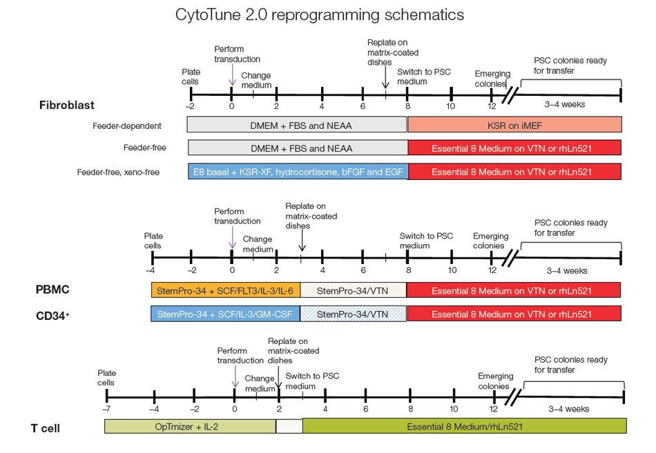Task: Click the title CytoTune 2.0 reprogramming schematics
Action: click(310, 14)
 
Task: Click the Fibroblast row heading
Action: click(66, 105)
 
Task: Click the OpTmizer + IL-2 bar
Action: click(189, 426)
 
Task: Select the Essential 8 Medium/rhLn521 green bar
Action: click(464, 426)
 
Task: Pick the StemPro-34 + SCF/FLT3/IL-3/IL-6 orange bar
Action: click(225, 290)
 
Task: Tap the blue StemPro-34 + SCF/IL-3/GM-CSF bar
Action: click(225, 314)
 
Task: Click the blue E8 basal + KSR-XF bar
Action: click(298, 171)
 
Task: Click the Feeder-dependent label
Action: click(127, 126)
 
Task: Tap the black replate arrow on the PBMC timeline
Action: click(302, 241)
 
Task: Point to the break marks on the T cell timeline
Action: click(512, 397)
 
